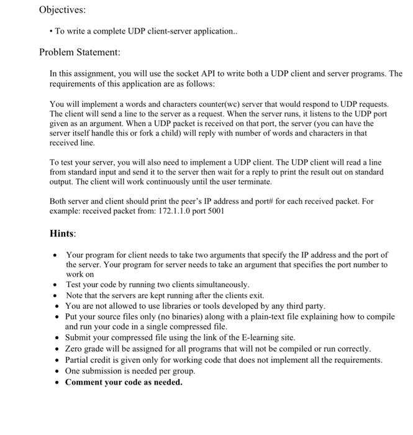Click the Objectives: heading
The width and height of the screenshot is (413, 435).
click(62, 10)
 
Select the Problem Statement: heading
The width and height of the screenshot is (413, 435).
click(79, 52)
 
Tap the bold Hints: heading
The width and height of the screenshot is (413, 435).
click(63, 234)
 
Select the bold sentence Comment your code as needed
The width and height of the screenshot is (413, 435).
click(124, 382)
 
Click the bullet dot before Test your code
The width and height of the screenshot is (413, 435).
click(55, 285)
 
